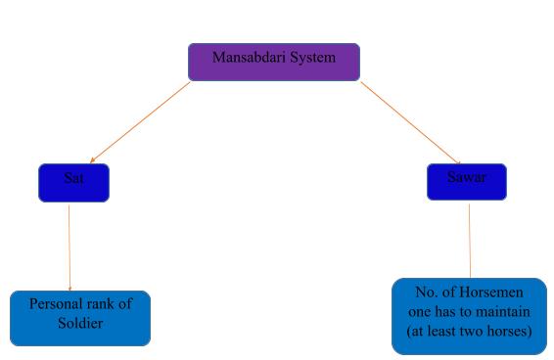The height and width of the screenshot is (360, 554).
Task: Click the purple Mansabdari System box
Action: [273, 62]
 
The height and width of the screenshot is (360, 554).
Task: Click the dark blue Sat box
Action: [73, 182]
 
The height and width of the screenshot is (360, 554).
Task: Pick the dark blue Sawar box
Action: [467, 181]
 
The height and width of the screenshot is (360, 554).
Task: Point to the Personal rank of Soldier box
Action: [80, 318]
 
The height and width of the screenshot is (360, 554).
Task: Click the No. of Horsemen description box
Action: [468, 316]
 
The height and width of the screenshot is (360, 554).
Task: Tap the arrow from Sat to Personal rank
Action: [69, 245]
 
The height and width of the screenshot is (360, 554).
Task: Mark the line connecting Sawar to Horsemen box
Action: [469, 239]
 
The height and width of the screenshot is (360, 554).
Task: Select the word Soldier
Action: [80, 322]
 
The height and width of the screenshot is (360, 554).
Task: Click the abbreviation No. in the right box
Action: [424, 293]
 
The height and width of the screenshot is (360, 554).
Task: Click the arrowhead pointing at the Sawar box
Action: [456, 161]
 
